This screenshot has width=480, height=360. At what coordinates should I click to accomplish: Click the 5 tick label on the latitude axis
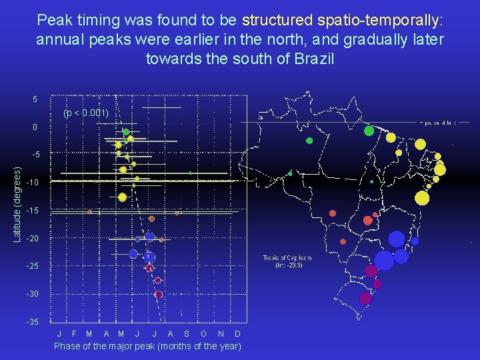click(x=35, y=99)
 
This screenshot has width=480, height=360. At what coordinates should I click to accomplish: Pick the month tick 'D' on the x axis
click(x=238, y=333)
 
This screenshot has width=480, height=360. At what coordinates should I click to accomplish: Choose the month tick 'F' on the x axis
click(x=74, y=333)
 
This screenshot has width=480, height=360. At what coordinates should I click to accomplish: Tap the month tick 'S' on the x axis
click(x=186, y=333)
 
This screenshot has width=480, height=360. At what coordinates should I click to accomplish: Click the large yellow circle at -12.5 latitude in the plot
click(x=122, y=197)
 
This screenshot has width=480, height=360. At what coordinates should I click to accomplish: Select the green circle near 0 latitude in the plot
click(x=126, y=132)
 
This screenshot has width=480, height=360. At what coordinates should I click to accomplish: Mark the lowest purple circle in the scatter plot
click(x=159, y=294)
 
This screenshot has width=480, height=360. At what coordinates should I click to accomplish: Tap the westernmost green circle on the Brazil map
click(x=290, y=173)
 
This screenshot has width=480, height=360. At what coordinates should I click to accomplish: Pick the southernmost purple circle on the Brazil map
click(x=365, y=298)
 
